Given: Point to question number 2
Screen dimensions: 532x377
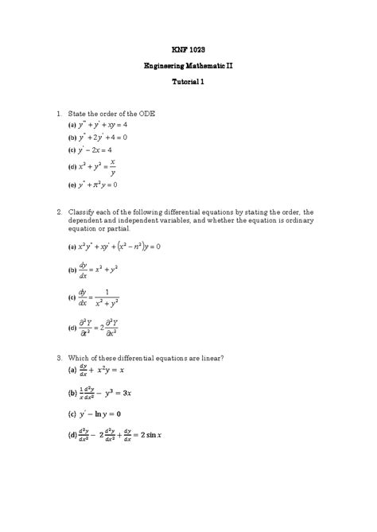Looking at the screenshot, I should (x=60, y=212).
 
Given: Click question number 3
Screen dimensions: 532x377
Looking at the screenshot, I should (x=60, y=359).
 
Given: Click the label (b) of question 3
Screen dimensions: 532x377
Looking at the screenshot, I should (x=72, y=393).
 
